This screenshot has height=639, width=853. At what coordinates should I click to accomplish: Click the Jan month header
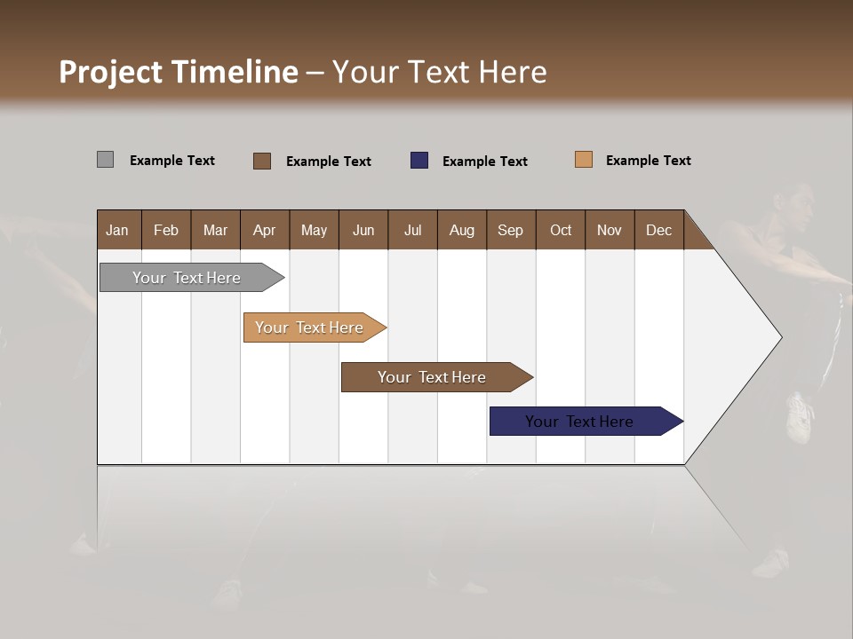point(118,230)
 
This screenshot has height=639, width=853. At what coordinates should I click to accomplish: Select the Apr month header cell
point(265,230)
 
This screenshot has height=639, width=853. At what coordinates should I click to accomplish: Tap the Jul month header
point(413,230)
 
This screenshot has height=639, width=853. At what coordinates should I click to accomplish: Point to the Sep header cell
point(511,230)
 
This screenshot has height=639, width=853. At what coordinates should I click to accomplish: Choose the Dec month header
point(659,230)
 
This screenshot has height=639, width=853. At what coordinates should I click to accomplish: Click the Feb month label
point(166,230)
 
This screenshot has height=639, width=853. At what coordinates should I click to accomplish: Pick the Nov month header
point(610,230)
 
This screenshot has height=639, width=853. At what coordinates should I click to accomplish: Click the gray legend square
point(105,160)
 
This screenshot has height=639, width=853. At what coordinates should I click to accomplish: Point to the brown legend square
point(262,161)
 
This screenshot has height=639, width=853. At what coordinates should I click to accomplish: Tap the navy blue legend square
point(419,161)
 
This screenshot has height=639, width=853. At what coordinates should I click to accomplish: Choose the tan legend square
point(584,160)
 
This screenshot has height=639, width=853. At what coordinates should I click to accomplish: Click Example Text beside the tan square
point(648,161)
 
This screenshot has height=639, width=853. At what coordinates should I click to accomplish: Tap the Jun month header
point(363,230)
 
